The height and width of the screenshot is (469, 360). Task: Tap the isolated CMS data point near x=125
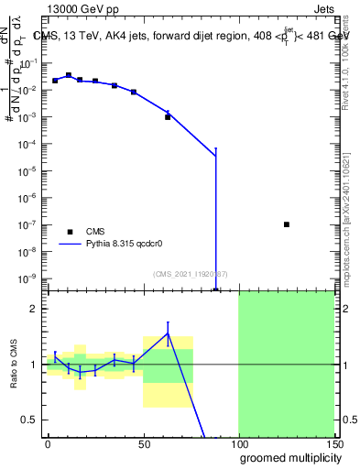pos(287,224)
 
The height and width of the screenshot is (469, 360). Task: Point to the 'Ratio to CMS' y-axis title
pos(15,365)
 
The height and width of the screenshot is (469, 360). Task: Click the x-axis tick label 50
pos(143,444)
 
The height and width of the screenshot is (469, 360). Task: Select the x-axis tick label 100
pos(238,444)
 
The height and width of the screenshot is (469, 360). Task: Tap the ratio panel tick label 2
pos(34,310)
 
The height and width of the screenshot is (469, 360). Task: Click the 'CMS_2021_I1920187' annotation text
pos(190,273)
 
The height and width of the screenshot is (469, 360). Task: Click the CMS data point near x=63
pos(168,117)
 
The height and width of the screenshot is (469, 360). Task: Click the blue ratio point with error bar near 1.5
pos(168,334)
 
